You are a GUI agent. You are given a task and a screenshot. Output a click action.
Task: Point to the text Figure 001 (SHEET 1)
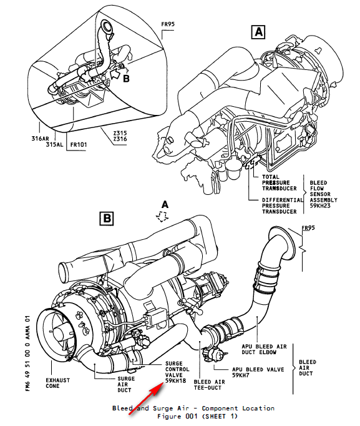point(193,416)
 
